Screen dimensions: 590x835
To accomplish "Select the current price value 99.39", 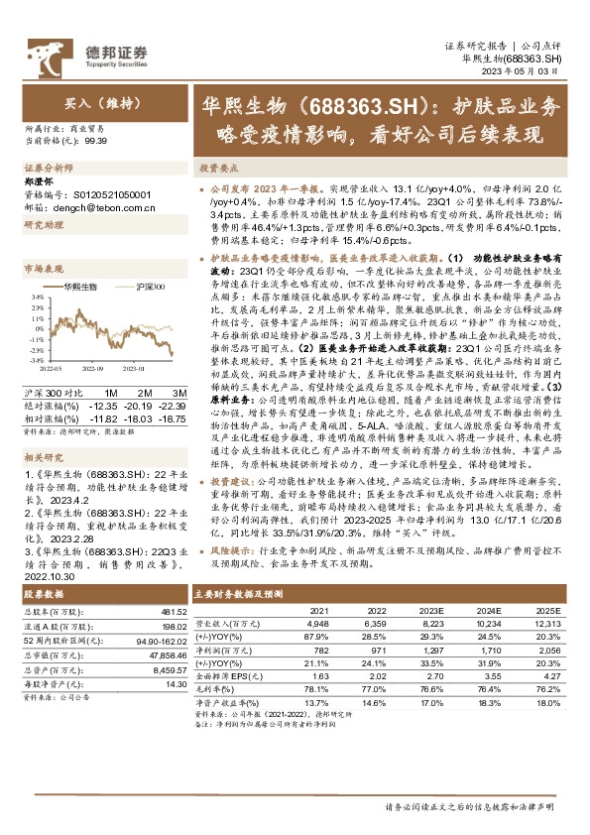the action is (97, 141).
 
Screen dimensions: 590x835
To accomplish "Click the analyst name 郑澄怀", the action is (38, 183).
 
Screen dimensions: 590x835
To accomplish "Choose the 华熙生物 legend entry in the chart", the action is (75, 286).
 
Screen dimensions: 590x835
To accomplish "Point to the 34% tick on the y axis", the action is (37, 297).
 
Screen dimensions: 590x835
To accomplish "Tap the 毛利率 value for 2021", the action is (319, 688).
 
